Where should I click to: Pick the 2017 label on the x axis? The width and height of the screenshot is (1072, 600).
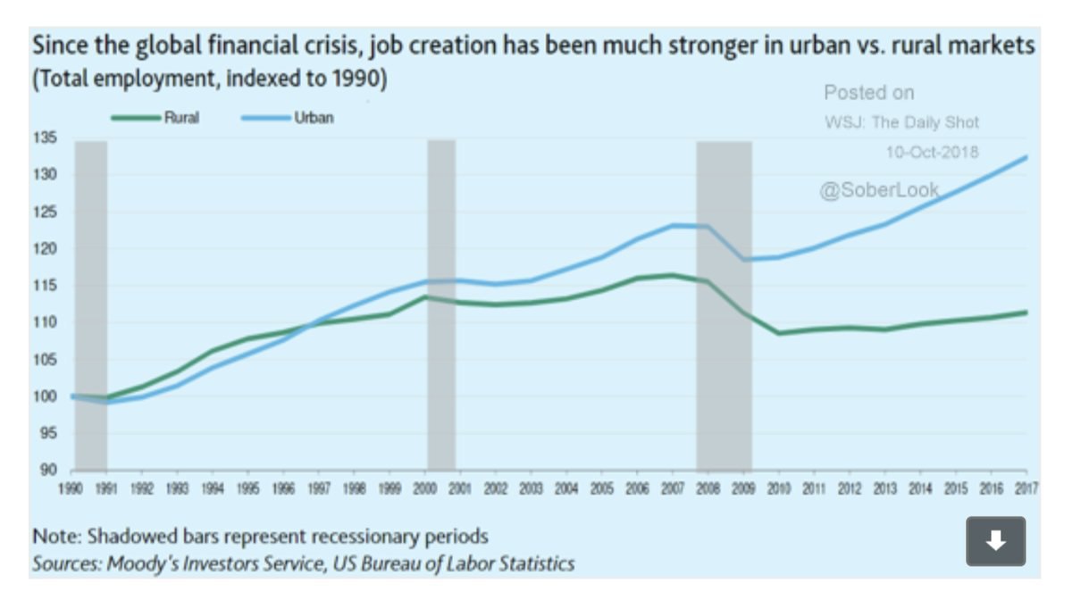(1026, 488)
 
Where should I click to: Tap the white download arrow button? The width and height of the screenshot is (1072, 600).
(996, 540)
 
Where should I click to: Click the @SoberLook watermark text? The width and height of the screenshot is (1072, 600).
(879, 189)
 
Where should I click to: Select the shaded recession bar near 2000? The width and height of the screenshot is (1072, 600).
(441, 304)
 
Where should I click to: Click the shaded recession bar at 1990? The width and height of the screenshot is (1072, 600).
(91, 304)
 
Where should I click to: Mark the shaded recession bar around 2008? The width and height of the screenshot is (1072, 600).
(724, 304)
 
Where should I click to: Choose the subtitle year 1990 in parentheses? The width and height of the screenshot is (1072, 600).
(357, 79)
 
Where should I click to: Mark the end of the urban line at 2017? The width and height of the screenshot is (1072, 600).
(1026, 157)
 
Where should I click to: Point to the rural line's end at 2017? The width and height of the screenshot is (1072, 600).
(1026, 312)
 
